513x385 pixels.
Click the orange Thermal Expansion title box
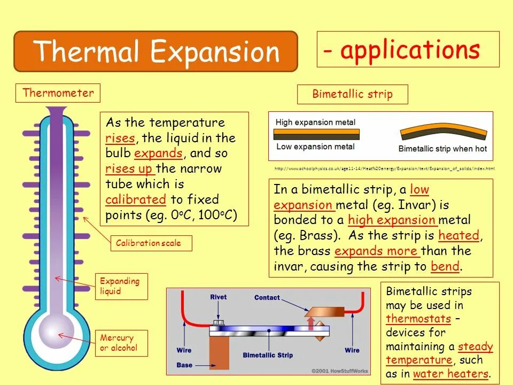point(155,52)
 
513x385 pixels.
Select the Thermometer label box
point(58,93)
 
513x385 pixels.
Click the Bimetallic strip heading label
point(352,95)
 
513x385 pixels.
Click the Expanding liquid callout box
point(121,286)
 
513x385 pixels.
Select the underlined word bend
point(445,266)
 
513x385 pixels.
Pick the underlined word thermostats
point(418,319)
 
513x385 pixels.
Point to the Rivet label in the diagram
point(219,297)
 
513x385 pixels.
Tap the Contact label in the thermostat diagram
point(267,298)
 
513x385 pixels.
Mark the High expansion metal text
point(315,122)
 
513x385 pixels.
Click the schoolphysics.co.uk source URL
point(385,168)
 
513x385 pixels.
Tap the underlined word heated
point(458,235)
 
